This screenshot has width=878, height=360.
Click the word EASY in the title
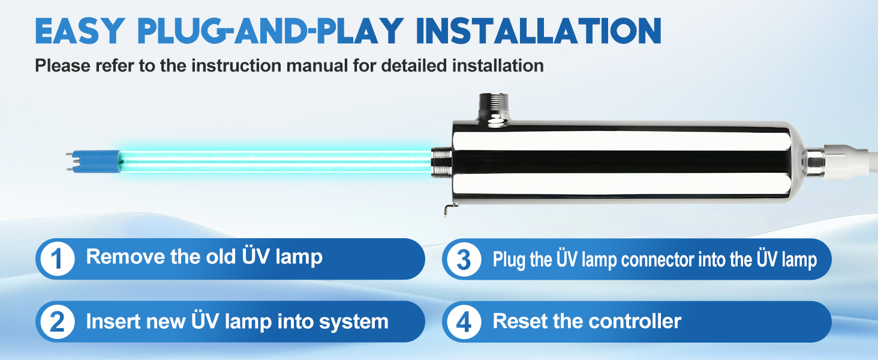(80, 31)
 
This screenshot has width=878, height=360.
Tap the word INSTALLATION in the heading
(539, 31)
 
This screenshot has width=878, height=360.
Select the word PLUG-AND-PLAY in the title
(270, 31)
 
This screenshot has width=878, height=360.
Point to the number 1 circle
(57, 259)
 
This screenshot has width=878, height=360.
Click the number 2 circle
(57, 322)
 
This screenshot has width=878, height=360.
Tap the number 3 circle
(464, 260)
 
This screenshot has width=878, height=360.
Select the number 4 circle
(464, 322)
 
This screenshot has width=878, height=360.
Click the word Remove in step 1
(125, 257)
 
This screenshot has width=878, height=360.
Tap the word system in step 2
(354, 322)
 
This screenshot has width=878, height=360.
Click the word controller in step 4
(635, 321)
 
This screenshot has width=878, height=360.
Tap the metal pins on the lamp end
(70, 161)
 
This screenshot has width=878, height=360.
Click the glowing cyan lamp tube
(275, 161)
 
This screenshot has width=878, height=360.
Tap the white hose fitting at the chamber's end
(850, 161)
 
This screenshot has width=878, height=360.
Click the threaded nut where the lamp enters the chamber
(442, 162)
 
